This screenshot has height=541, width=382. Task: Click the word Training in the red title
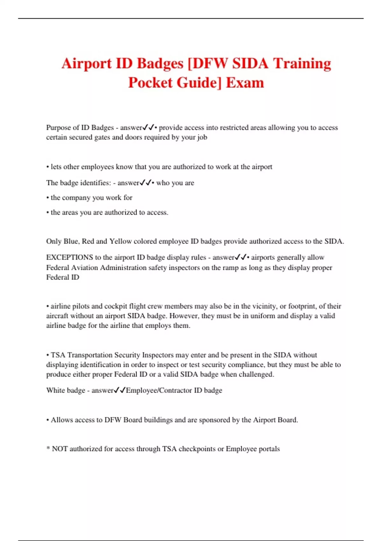point(302,63)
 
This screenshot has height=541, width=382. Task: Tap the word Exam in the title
point(245,83)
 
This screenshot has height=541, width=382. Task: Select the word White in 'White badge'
point(56,390)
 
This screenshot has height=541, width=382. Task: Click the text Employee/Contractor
point(159,390)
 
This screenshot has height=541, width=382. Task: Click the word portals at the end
point(269,449)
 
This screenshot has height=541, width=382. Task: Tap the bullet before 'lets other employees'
point(48,167)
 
